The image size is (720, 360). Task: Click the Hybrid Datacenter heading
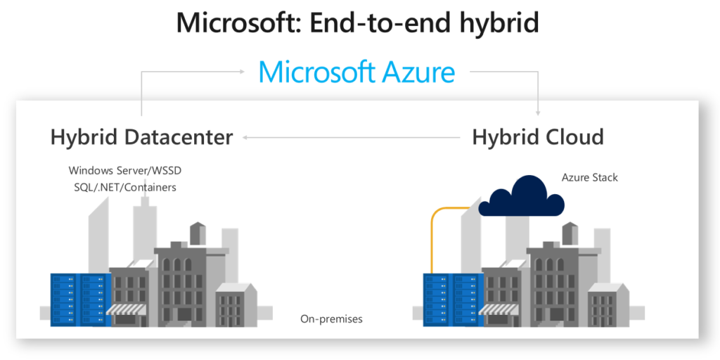[141, 137]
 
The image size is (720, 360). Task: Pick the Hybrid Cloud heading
[538, 137]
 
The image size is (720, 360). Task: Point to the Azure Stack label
[590, 177]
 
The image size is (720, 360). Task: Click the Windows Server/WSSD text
[125, 171]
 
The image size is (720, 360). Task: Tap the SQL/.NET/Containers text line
[125, 187]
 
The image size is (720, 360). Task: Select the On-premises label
[331, 319]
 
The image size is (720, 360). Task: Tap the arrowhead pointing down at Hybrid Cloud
[538, 113]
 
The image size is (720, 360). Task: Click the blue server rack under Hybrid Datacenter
[81, 300]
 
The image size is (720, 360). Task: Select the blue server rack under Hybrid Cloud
[454, 300]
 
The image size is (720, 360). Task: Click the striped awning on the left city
[127, 309]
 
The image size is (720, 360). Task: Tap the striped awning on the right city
[499, 309]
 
